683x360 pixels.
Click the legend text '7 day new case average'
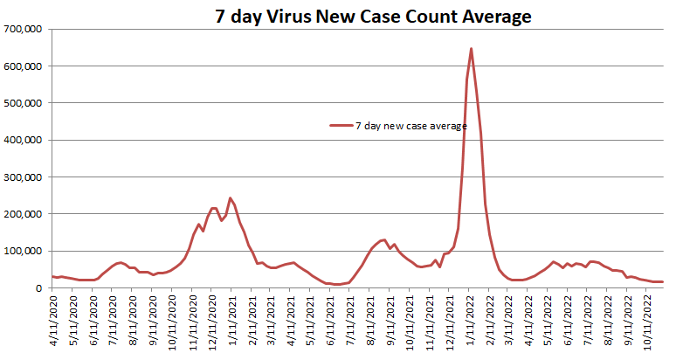410,126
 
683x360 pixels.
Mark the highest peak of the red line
472,49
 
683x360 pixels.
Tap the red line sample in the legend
341,126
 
